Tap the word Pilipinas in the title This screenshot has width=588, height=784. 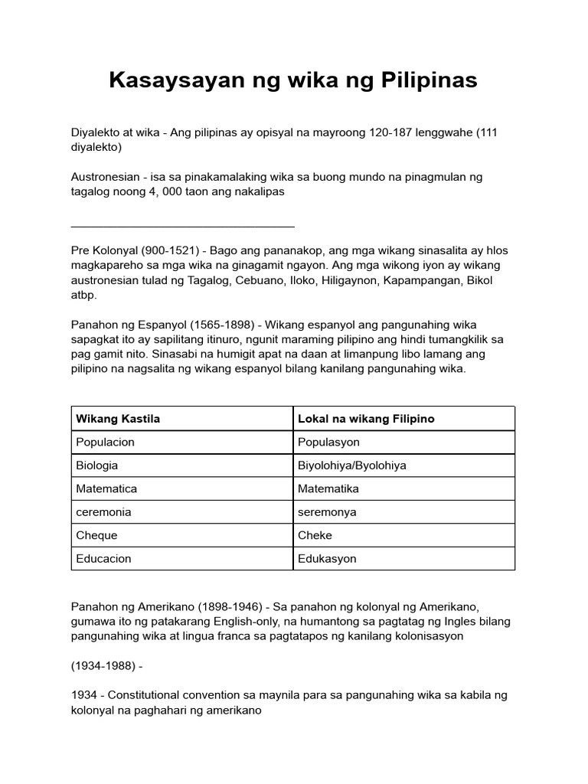click(428, 80)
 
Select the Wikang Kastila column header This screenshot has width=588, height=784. click(118, 419)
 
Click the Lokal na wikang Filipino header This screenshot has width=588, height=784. click(366, 419)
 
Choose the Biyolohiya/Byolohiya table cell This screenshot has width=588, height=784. click(351, 465)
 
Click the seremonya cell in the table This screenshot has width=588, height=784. click(327, 511)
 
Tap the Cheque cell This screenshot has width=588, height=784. click(96, 535)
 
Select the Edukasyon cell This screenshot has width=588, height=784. click(327, 558)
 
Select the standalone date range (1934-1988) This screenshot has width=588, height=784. click(103, 665)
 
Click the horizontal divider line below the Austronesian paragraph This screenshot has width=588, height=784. click(182, 227)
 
